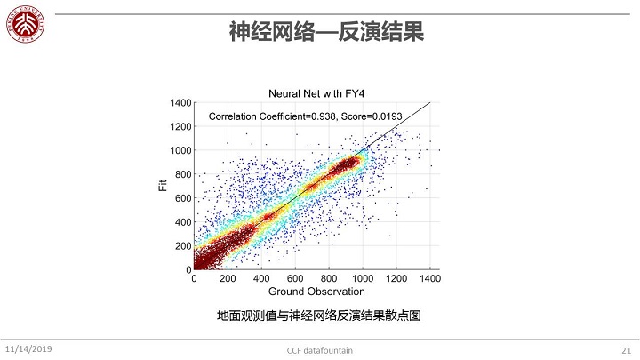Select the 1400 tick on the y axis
[180, 103]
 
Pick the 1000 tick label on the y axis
[180, 150]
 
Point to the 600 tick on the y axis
[183, 198]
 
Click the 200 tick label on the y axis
[183, 245]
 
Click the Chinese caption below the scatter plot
[318, 316]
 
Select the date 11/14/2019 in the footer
[28, 348]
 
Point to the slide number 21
[624, 349]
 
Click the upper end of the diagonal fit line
[429, 103]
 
